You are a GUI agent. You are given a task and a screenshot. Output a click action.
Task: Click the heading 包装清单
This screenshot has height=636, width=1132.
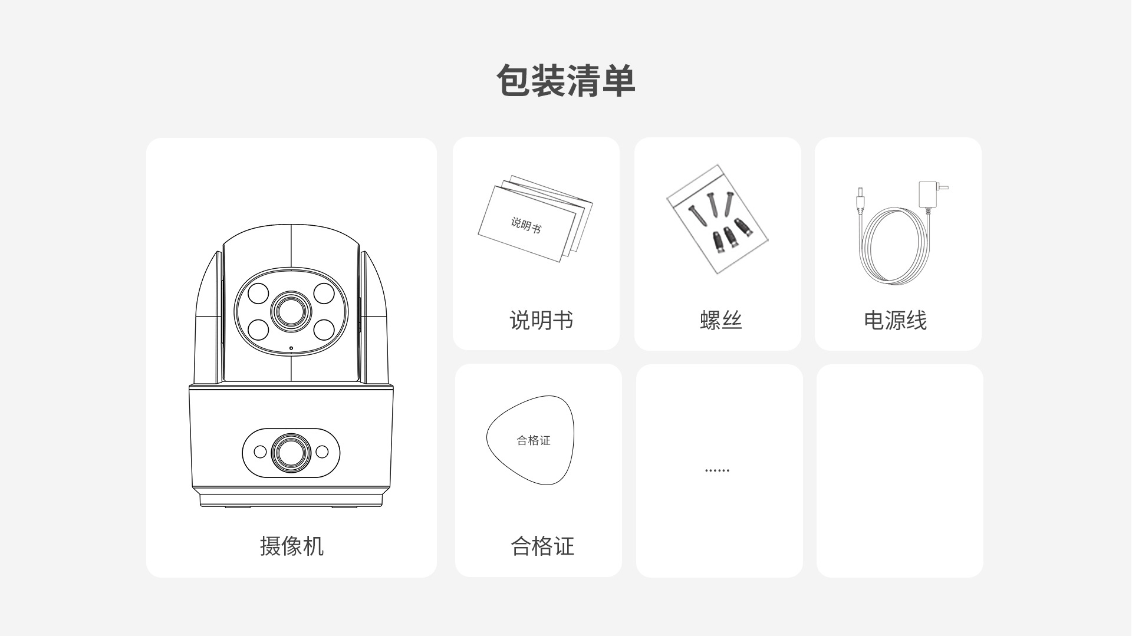tap(565, 81)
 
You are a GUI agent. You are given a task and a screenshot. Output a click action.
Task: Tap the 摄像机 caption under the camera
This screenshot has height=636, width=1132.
tap(292, 546)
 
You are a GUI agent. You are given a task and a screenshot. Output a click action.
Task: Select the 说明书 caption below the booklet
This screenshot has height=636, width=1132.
tap(541, 320)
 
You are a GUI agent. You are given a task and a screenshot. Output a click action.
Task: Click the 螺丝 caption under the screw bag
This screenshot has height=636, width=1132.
tap(720, 320)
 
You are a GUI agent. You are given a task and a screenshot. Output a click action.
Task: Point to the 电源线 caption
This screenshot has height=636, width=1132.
tap(895, 320)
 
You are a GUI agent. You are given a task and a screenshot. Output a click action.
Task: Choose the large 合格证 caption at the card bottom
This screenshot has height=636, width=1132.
tap(542, 546)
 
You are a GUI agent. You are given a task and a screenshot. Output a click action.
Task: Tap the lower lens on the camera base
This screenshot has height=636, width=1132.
tap(291, 452)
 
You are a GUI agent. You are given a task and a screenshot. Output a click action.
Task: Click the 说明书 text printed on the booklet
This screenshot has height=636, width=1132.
tap(526, 225)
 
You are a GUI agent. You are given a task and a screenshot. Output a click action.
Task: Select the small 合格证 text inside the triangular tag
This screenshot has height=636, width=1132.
tap(534, 440)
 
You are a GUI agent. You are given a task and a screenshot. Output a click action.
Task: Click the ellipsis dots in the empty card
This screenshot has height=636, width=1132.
tap(717, 470)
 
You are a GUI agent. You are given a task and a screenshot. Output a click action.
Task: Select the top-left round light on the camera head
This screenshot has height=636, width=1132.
tap(258, 292)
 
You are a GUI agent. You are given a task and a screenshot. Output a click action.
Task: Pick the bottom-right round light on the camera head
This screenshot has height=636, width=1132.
tap(324, 329)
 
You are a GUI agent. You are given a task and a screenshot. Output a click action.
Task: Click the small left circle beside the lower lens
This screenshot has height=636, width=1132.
tap(260, 452)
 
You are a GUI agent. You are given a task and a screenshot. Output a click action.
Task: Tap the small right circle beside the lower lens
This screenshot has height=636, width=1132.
tap(322, 452)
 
